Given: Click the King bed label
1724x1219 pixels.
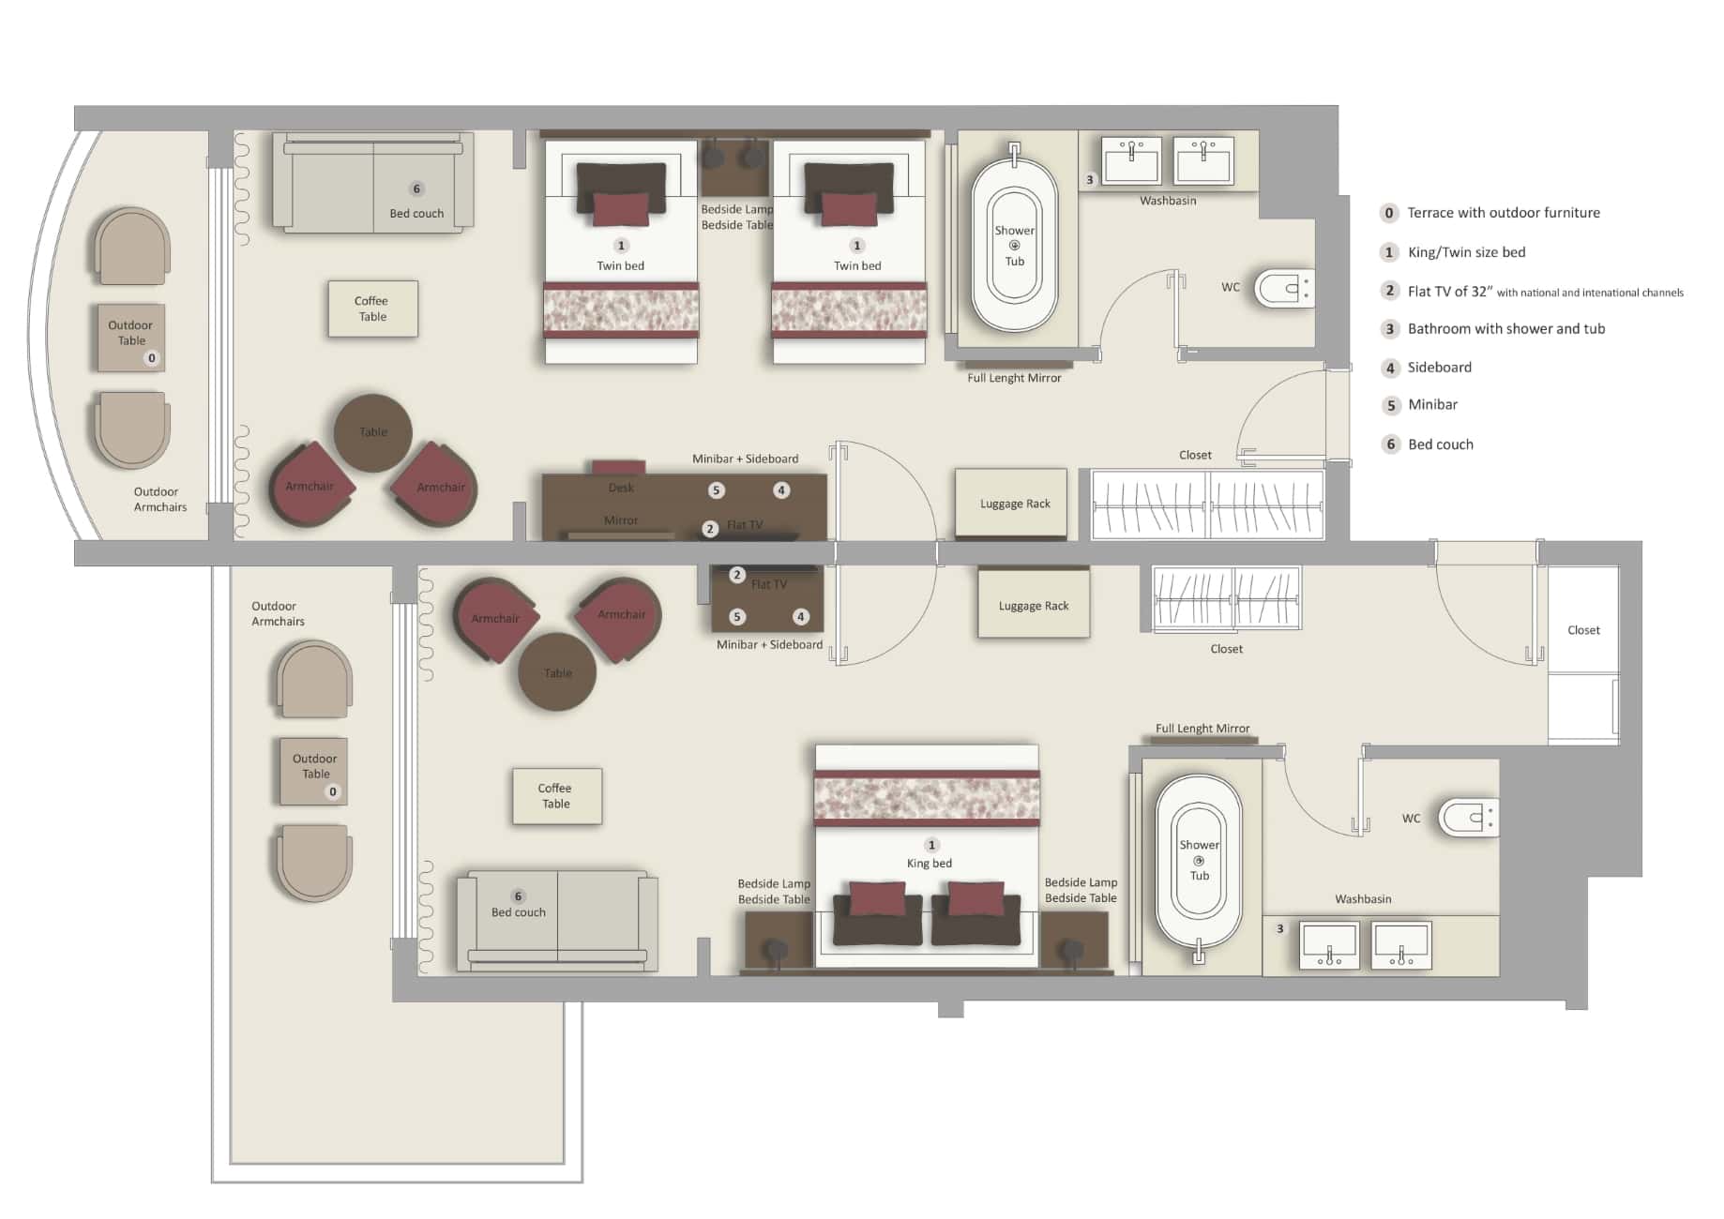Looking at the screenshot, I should [x=929, y=863].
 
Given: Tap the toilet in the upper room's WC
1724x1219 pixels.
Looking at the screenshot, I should [x=1283, y=288].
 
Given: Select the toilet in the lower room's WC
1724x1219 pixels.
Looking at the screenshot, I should [x=1466, y=818].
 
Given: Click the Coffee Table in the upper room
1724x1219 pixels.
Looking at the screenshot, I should [x=372, y=309].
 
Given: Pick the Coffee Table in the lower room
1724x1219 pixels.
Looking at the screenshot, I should [x=556, y=796].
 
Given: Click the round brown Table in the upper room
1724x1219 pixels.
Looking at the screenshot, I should [x=372, y=432].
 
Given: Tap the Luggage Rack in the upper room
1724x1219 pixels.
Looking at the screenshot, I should [x=1011, y=504].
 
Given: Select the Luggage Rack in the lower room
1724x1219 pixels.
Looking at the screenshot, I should [x=1034, y=606].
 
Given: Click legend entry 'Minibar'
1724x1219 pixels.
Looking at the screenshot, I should [x=1432, y=404].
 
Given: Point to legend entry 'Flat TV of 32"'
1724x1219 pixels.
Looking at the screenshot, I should [x=1449, y=291].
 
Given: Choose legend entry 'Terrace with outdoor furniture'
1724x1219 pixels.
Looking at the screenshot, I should [x=1503, y=213].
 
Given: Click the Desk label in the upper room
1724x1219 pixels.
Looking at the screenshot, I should [x=621, y=488].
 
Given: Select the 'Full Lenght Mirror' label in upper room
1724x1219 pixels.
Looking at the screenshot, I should [x=1014, y=378].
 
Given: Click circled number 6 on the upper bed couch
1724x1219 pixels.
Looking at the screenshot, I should [x=417, y=188].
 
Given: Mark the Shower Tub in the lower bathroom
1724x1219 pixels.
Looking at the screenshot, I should [x=1199, y=861].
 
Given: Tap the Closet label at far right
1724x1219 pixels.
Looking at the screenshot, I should [x=1583, y=630].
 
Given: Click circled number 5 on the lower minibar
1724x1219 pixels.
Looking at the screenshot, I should [x=738, y=616].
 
